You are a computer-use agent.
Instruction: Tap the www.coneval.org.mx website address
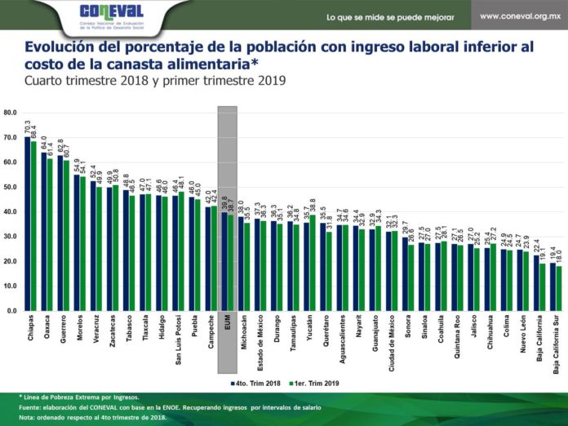pos(519,16)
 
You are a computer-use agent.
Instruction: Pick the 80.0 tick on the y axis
pos(11,112)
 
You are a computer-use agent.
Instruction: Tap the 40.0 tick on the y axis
pos(11,211)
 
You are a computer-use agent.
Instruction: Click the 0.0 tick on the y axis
pos(12,311)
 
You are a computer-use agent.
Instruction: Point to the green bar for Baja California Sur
pos(560,288)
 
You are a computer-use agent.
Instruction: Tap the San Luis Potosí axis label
pos(178,343)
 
